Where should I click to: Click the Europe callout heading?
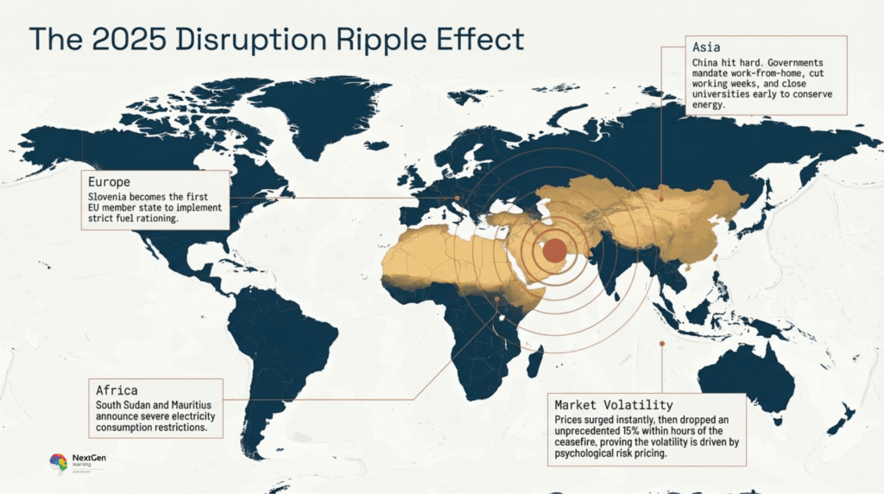[109, 183]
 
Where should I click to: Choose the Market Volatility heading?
[614, 404]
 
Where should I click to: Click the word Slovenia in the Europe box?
[110, 196]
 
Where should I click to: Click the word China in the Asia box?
[706, 64]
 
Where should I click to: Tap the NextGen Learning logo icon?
[58, 462]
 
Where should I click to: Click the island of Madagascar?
[535, 355]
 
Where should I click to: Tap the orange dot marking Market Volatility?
[661, 344]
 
